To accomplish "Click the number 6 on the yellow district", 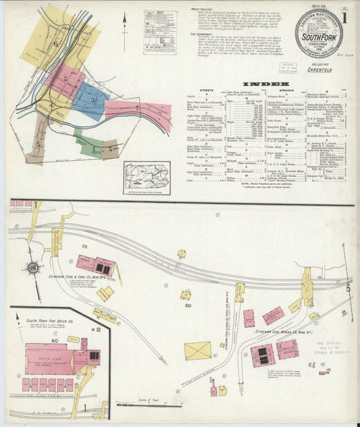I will pyautogui.click(x=57, y=44).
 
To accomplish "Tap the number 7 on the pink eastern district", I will pyautogui.click(x=137, y=107).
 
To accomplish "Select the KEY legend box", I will pyautogui.click(x=159, y=31).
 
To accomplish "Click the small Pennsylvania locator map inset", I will pyautogui.click(x=147, y=177).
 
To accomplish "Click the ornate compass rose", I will pyautogui.click(x=32, y=268).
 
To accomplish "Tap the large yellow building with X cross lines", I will pyautogui.click(x=197, y=351).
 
